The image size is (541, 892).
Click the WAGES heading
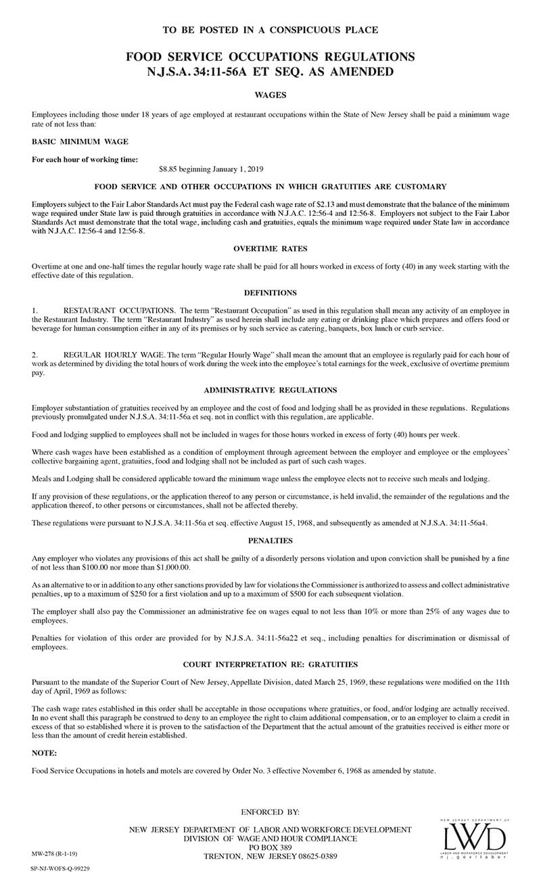(270, 95)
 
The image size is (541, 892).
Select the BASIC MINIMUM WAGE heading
(80, 141)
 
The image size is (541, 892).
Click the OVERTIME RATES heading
(270, 249)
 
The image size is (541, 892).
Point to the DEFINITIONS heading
(270, 292)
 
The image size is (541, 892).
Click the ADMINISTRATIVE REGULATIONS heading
(270, 390)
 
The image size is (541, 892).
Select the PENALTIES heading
(270, 540)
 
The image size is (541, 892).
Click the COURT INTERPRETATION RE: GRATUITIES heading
(270, 665)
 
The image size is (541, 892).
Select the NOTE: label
(45, 753)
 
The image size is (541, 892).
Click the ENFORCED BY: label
(270, 811)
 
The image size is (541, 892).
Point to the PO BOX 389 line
(270, 847)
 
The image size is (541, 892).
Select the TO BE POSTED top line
(270, 30)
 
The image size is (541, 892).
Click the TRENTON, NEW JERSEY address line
(270, 856)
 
